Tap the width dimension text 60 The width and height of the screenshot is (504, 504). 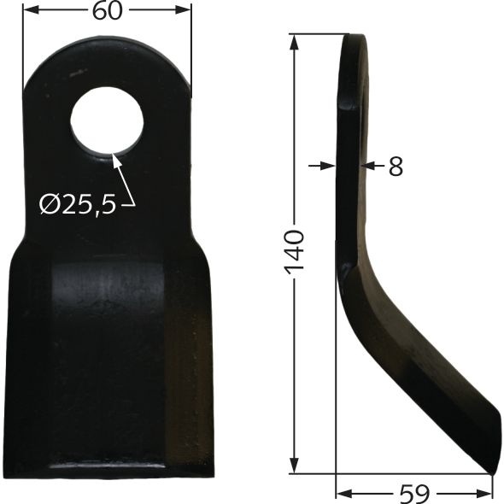tap(107, 11)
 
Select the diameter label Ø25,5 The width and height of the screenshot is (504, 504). tap(77, 204)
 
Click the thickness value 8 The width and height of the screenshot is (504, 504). tap(395, 166)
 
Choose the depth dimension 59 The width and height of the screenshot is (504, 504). tap(414, 493)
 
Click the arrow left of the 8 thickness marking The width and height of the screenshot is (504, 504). tap(330, 165)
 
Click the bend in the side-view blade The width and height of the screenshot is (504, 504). tap(352, 256)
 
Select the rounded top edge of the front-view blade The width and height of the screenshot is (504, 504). tap(107, 38)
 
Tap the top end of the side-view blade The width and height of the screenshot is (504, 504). tap(354, 37)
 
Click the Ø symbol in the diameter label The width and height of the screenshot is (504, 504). tap(50, 204)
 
